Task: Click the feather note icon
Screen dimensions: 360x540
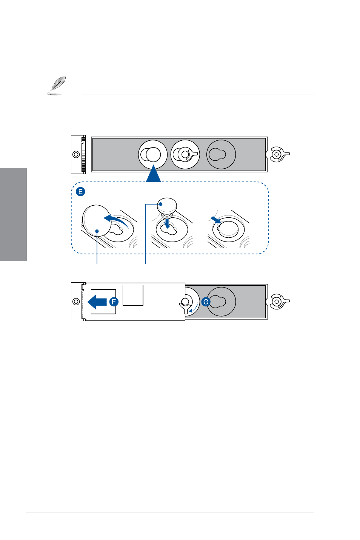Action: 57,86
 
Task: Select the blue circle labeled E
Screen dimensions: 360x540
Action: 80,192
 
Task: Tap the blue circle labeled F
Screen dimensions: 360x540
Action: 114,302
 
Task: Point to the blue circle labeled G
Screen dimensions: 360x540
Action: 206,302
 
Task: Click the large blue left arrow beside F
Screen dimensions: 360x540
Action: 97,302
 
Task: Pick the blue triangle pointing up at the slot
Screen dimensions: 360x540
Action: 153,173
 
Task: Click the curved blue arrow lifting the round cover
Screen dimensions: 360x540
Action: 117,220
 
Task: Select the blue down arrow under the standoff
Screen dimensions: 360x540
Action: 167,223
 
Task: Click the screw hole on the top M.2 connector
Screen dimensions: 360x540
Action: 76,154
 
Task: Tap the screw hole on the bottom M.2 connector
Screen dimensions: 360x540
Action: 76,302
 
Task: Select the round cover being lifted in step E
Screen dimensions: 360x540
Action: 97,221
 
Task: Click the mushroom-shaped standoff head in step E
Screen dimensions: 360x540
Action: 167,205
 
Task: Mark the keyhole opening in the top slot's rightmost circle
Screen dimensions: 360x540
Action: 217,154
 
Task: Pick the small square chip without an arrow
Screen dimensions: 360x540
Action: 133,295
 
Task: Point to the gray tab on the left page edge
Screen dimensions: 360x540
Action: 13,215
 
